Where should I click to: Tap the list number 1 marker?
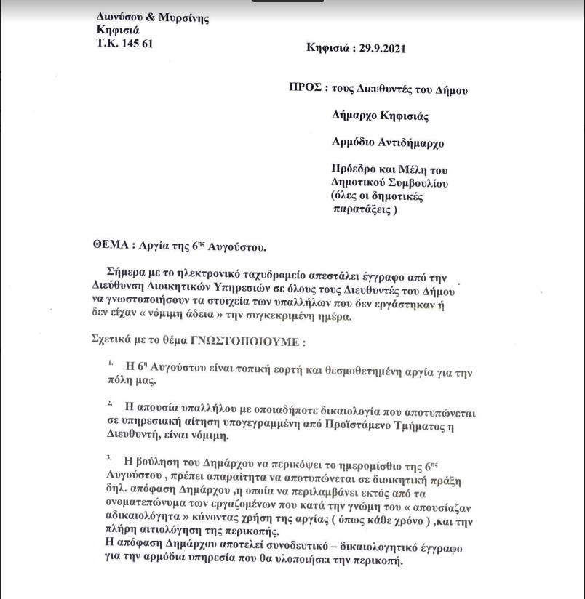pyautogui.click(x=109, y=361)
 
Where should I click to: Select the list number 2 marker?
pyautogui.click(x=109, y=402)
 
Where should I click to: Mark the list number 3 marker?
pyautogui.click(x=109, y=457)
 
